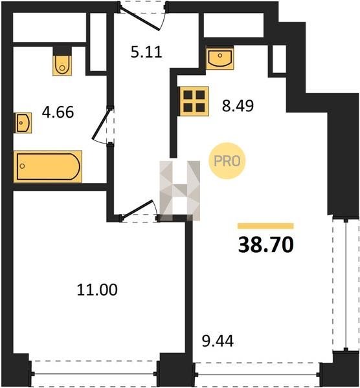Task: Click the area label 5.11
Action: pos(146,52)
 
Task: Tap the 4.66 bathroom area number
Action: pos(58,112)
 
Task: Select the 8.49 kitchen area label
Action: pos(238,105)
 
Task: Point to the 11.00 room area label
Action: pos(97,290)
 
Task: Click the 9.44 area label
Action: pos(218,341)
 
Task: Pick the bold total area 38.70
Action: pos(266,244)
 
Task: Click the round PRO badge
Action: pos(227,161)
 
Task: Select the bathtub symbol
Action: pos(48,167)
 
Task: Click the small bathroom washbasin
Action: pos(23,123)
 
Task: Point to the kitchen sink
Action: pos(219,58)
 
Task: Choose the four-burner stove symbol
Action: pos(194,102)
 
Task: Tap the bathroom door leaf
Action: pos(101,124)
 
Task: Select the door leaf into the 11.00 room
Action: pos(137,210)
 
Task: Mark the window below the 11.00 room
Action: pos(94,374)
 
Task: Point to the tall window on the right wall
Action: pos(346,284)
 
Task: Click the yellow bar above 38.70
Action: pos(265,226)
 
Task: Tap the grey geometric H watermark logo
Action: pos(180,191)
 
